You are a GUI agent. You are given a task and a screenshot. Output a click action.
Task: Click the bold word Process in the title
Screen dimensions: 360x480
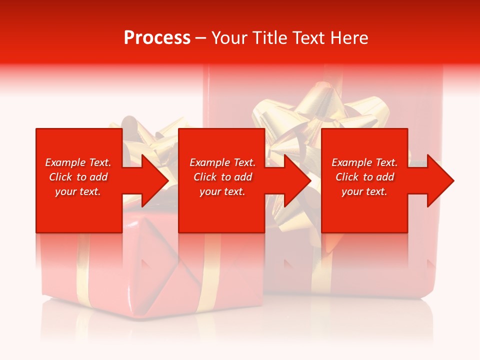157,38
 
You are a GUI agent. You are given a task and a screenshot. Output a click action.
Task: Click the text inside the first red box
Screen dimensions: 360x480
78,177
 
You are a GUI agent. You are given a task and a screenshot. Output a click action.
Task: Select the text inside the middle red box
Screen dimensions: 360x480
222,177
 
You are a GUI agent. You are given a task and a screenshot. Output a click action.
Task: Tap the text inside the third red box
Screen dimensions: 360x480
364,177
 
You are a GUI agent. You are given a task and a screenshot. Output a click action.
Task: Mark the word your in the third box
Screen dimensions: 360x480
351,191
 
